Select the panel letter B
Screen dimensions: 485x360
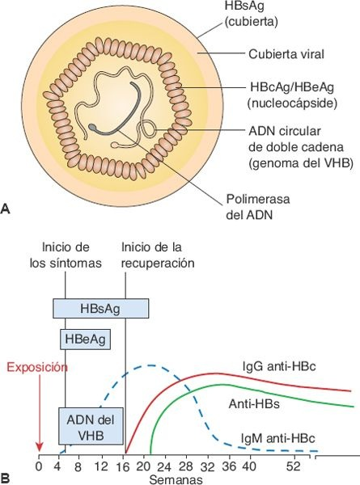coord(6,478)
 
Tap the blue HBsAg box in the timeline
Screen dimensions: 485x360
coord(100,308)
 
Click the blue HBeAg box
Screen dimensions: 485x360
coord(85,337)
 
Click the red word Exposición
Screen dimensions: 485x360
coord(37,366)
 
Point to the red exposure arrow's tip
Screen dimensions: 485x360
coord(39,453)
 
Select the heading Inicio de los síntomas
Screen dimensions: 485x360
coord(65,255)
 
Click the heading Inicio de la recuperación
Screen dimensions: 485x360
coord(158,255)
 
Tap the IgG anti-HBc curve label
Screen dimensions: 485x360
coord(277,366)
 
